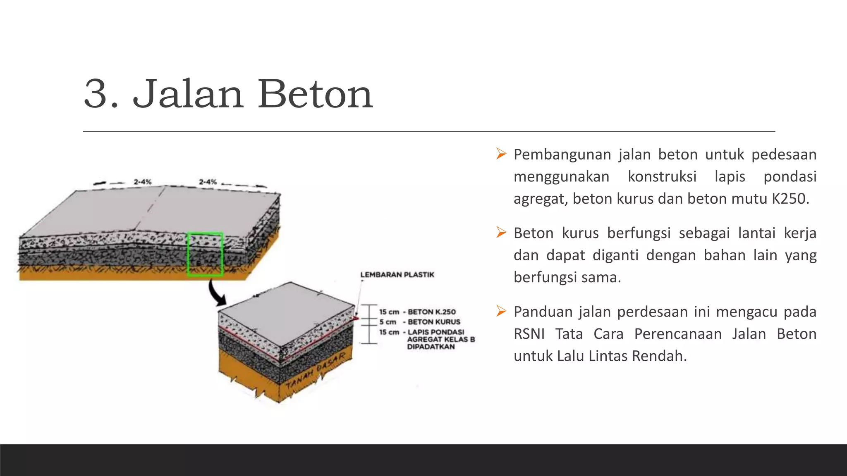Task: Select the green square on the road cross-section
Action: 205,254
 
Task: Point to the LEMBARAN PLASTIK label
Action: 397,275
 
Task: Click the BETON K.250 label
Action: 431,312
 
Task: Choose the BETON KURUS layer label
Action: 434,322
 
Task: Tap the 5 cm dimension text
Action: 388,322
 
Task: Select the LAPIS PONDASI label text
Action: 436,332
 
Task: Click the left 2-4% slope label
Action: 143,182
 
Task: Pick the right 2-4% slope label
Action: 208,182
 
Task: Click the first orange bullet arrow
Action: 501,154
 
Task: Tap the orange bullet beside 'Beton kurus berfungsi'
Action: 501,233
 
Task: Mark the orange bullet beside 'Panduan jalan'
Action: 501,311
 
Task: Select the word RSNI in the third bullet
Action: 529,334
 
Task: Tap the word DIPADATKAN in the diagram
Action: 431,347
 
